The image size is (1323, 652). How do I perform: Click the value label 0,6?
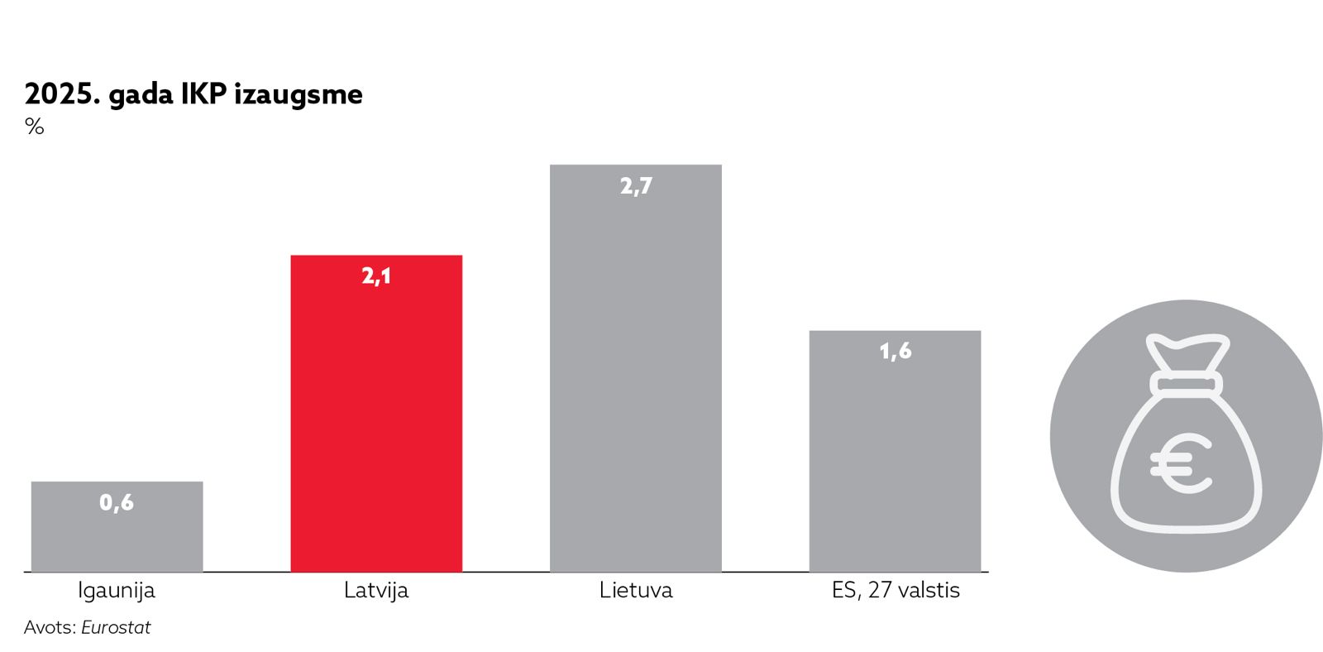click(x=117, y=502)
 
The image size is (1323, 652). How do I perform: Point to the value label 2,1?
click(x=376, y=276)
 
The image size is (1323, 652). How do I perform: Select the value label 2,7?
click(x=636, y=186)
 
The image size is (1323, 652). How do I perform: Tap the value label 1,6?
click(x=895, y=352)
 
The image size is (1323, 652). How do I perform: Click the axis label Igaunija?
click(x=117, y=591)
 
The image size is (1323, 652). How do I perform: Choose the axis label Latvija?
click(x=376, y=591)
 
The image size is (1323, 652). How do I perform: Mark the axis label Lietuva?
click(x=636, y=591)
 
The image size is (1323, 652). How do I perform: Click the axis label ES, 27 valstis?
click(x=896, y=591)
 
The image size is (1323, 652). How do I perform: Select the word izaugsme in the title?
click(x=299, y=95)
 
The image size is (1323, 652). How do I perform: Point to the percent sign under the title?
click(x=34, y=127)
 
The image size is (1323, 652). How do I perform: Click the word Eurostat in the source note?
click(x=116, y=627)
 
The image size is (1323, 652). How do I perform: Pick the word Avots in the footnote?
click(x=49, y=627)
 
